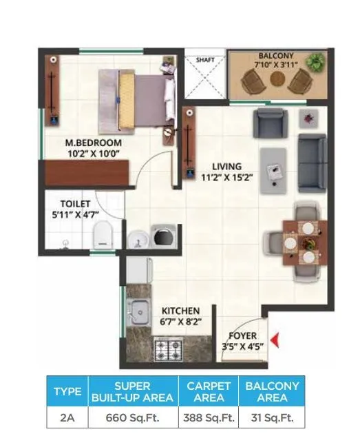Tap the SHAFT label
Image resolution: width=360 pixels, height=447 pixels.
click(x=206, y=60)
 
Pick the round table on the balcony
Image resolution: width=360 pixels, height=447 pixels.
click(x=277, y=79)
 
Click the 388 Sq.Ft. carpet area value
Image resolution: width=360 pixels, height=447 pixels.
click(x=208, y=417)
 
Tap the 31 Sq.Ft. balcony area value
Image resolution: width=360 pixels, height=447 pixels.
click(x=271, y=417)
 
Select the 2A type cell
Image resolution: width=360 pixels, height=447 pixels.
click(x=67, y=417)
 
